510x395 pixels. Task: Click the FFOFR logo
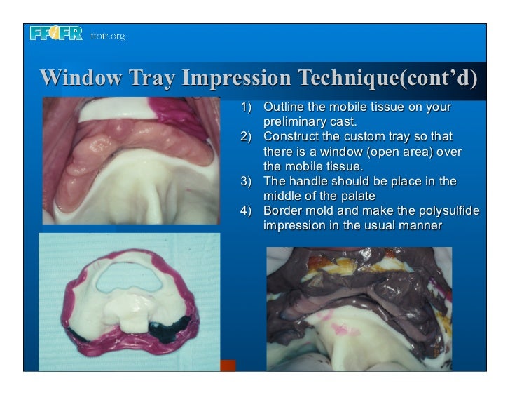tap(56, 34)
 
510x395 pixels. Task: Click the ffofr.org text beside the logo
tap(107, 36)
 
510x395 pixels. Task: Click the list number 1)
tap(245, 108)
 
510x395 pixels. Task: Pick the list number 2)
tap(245, 136)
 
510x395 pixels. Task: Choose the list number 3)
tap(245, 181)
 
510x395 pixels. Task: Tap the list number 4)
tap(245, 210)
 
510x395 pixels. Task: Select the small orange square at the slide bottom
tap(228, 366)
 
